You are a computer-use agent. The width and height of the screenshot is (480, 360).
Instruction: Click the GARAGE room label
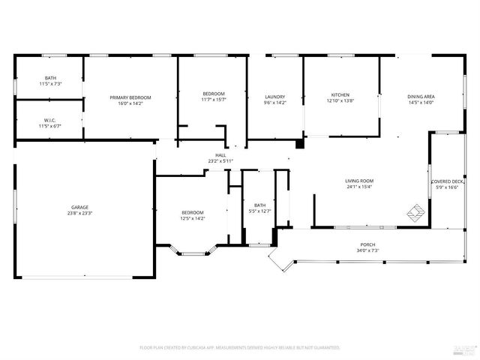[x=80, y=207]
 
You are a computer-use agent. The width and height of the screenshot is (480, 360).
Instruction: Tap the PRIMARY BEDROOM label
[x=130, y=97]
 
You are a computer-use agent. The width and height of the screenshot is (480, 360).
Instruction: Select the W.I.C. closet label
[x=50, y=120]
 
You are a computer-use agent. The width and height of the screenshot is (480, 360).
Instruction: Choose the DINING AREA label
[x=421, y=97]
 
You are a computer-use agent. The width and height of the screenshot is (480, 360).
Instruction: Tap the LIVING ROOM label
[x=360, y=181]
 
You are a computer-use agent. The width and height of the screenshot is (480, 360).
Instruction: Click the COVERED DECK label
[x=447, y=181]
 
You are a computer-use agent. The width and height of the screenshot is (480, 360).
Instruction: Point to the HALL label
[x=220, y=155]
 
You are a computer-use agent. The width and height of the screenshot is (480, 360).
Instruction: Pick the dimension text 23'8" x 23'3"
[x=80, y=213]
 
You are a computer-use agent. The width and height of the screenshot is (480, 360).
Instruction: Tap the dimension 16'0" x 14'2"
[x=130, y=103]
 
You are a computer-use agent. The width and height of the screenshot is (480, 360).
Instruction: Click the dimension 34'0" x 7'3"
[x=367, y=250]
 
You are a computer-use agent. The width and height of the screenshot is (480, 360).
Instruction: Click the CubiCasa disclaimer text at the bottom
[x=240, y=348]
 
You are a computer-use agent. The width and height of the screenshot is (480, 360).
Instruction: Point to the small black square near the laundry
[x=299, y=143]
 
